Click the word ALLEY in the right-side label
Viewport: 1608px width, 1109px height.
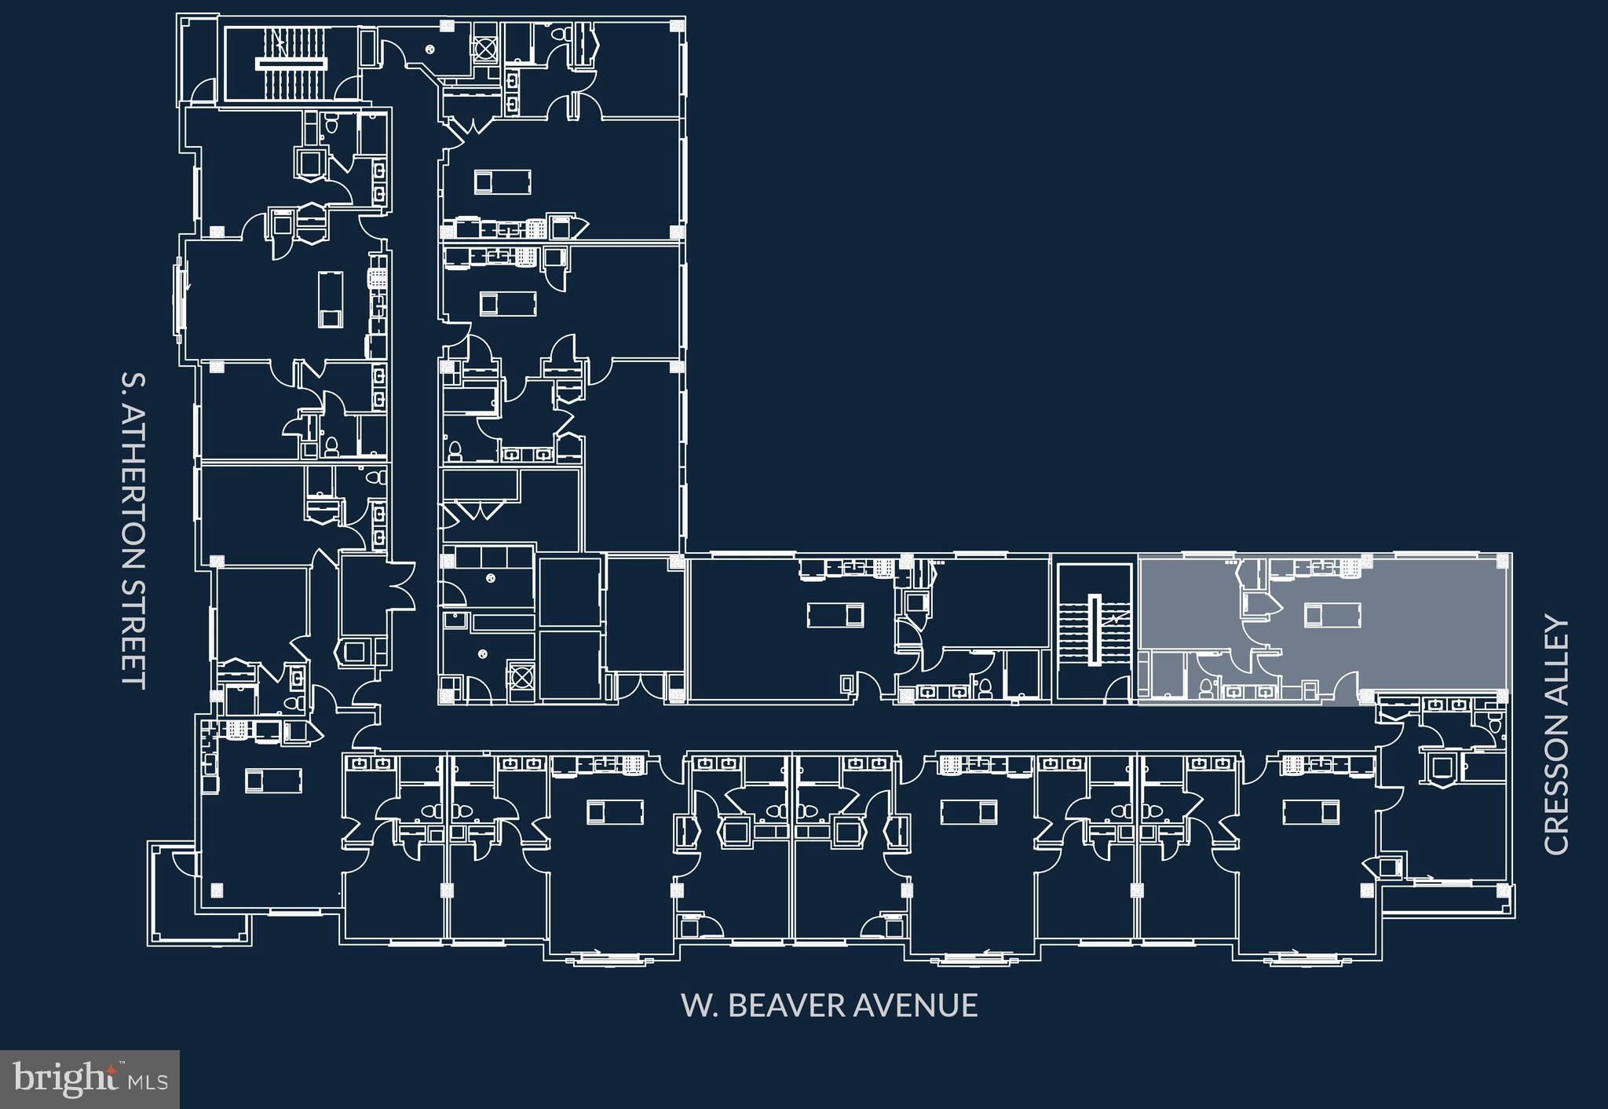pyautogui.click(x=1555, y=648)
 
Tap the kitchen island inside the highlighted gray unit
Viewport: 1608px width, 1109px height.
pyautogui.click(x=1332, y=613)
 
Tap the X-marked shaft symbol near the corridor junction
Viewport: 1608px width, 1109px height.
pyautogui.click(x=519, y=676)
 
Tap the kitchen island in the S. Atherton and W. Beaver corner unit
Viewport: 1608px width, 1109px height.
pyautogui.click(x=273, y=780)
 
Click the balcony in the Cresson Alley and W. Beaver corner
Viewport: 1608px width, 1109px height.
pyautogui.click(x=1445, y=901)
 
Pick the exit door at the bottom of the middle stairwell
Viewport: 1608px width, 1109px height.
pyautogui.click(x=1115, y=690)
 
